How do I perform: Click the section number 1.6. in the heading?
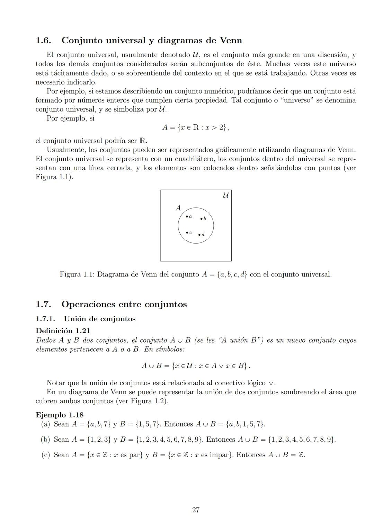[44, 41]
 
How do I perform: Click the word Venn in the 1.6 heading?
[231, 41]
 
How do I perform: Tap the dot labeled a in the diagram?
[187, 216]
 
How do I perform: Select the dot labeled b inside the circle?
[201, 218]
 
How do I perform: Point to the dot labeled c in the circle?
[187, 232]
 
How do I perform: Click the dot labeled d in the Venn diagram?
[199, 235]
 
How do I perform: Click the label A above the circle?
[178, 208]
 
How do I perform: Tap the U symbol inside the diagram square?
[225, 195]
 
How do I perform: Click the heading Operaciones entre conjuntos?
[124, 304]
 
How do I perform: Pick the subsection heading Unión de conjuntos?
[99, 319]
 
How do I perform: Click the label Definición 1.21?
[63, 330]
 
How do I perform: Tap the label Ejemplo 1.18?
[59, 415]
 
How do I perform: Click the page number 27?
[196, 510]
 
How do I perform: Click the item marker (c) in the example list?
[45, 455]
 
